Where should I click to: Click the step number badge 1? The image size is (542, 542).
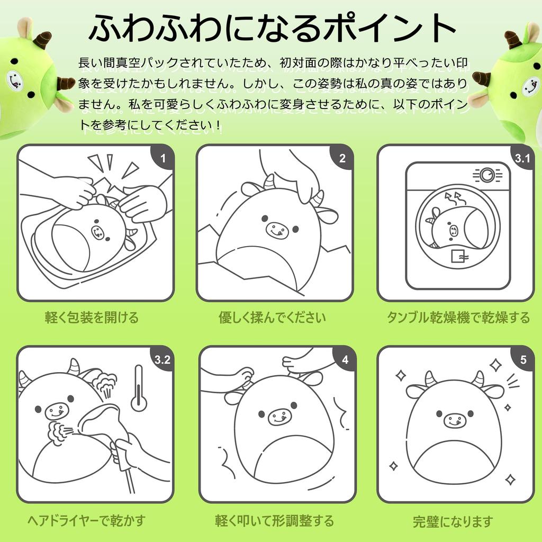pyautogui.click(x=163, y=157)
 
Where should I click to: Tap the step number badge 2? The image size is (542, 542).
pyautogui.click(x=342, y=157)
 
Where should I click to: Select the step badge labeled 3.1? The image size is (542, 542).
pyautogui.click(x=522, y=158)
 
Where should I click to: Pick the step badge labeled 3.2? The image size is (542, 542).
pyautogui.click(x=162, y=360)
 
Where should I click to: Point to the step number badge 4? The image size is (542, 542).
pyautogui.click(x=345, y=360)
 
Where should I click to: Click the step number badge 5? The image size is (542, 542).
pyautogui.click(x=523, y=360)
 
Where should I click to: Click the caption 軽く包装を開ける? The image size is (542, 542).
pyautogui.click(x=92, y=318)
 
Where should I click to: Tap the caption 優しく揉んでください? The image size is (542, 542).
pyautogui.click(x=272, y=318)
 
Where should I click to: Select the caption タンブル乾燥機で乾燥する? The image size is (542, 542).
pyautogui.click(x=458, y=318)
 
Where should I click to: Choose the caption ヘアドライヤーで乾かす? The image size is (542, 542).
pyautogui.click(x=86, y=521)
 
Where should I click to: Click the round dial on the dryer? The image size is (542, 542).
pyautogui.click(x=487, y=175)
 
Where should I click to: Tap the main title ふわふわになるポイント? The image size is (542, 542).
pyautogui.click(x=272, y=28)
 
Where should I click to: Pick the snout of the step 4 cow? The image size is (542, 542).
pyautogui.click(x=279, y=417)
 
